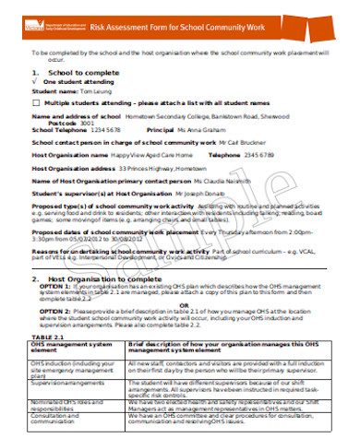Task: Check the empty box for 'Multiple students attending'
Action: pos(36,103)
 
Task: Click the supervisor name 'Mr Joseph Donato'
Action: pos(200,195)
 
